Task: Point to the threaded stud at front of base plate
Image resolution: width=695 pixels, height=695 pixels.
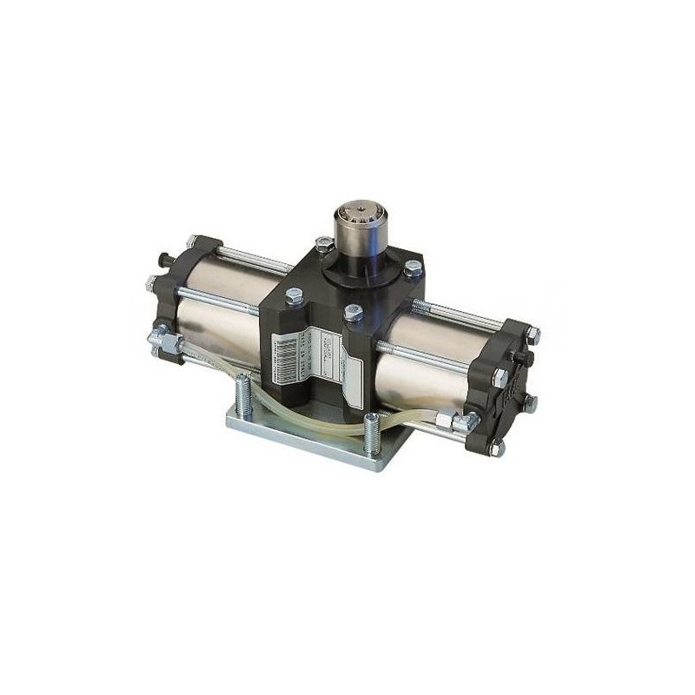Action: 372,435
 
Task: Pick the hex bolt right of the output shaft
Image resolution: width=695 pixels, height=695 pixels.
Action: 412,271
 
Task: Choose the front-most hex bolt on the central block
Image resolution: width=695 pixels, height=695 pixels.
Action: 352,314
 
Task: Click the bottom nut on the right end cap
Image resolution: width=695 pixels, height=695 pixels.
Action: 496,447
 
